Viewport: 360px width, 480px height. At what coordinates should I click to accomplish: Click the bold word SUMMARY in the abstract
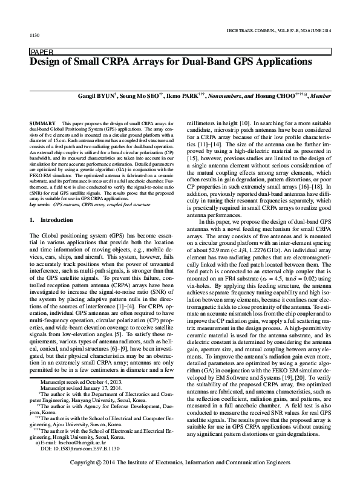pos(41,123)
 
